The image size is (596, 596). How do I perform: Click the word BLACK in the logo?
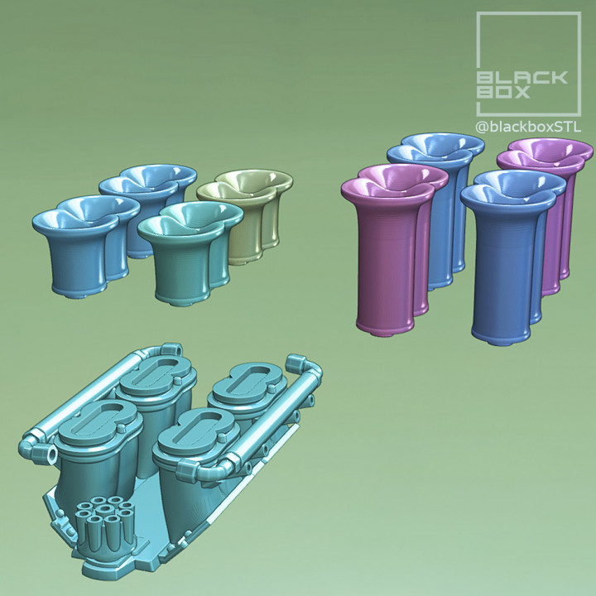click(x=522, y=78)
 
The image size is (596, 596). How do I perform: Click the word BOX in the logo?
click(x=502, y=92)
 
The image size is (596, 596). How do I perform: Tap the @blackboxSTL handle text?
click(x=527, y=127)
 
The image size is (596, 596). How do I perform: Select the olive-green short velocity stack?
click(x=248, y=219)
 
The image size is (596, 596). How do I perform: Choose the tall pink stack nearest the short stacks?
click(x=385, y=257)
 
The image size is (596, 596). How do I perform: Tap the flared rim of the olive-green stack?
click(x=245, y=184)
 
